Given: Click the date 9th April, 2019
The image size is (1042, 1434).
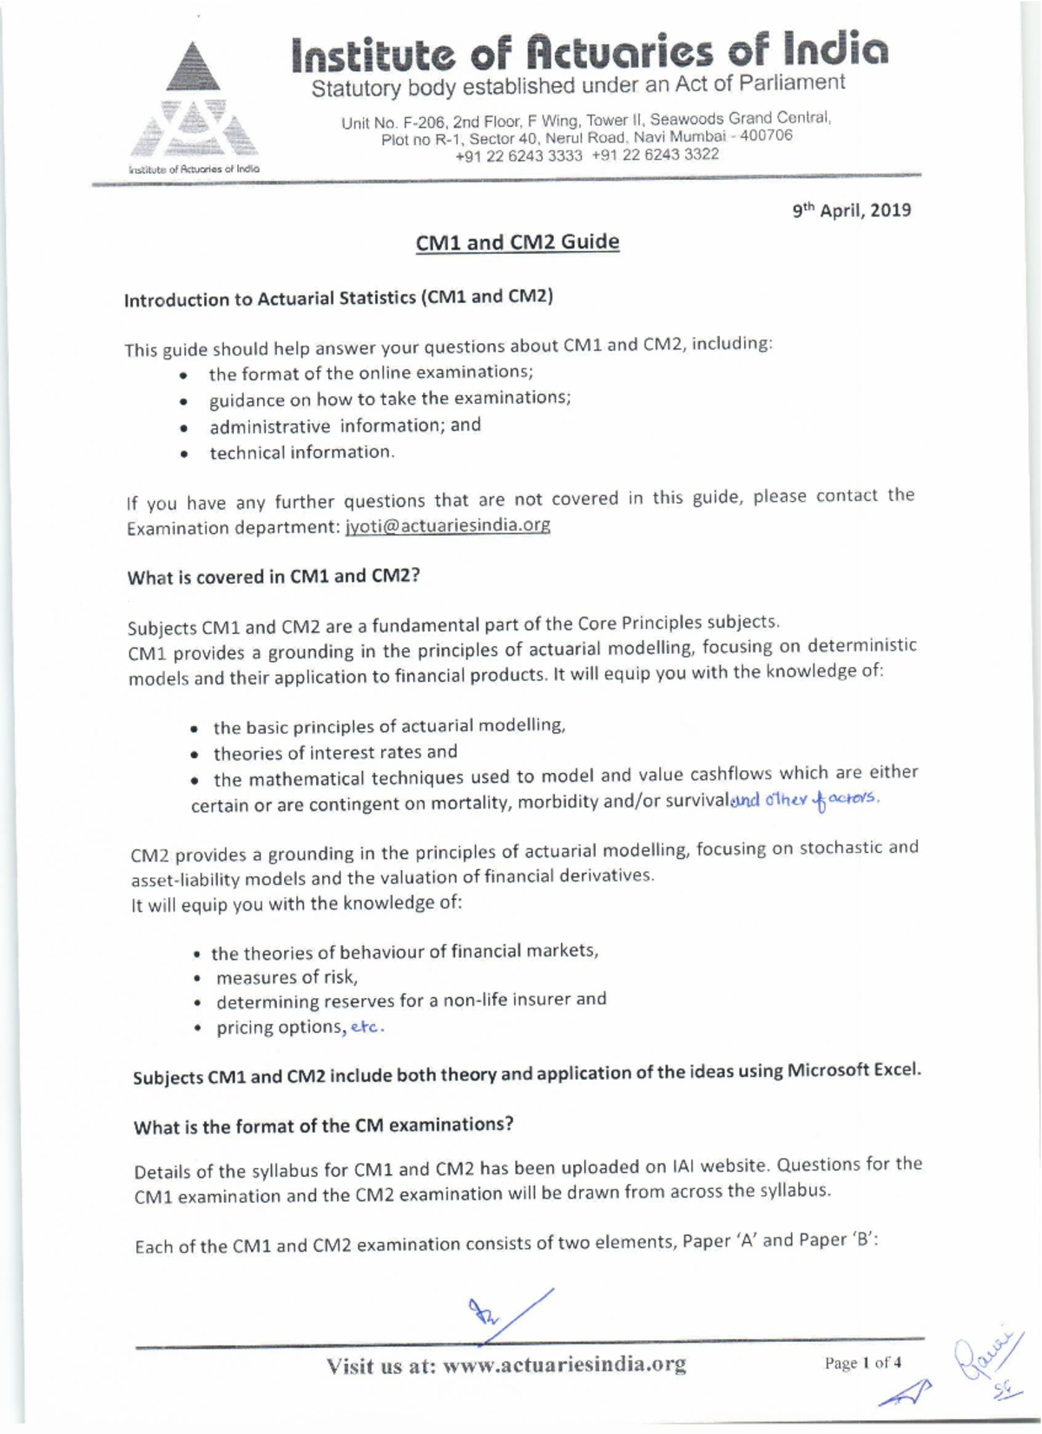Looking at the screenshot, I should click(851, 210).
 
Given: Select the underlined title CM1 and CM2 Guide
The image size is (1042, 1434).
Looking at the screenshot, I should click(518, 241).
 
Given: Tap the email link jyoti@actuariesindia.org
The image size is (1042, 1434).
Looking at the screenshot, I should click(447, 525).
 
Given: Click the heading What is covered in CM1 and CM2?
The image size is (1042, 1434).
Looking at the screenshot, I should click(274, 577).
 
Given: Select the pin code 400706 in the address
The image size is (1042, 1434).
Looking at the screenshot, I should click(765, 135).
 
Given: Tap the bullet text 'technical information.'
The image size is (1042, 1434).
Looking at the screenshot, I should click(301, 453).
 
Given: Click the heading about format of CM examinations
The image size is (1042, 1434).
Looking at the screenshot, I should click(323, 1126).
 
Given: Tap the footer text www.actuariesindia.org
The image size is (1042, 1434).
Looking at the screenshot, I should click(564, 1365).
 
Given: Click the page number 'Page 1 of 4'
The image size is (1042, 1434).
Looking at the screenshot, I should click(862, 1363).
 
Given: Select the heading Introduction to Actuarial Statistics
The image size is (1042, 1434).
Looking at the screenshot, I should click(339, 298).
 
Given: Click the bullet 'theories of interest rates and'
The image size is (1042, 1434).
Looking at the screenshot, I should click(335, 752).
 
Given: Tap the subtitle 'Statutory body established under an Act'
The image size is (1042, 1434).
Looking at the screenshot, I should click(577, 86).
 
